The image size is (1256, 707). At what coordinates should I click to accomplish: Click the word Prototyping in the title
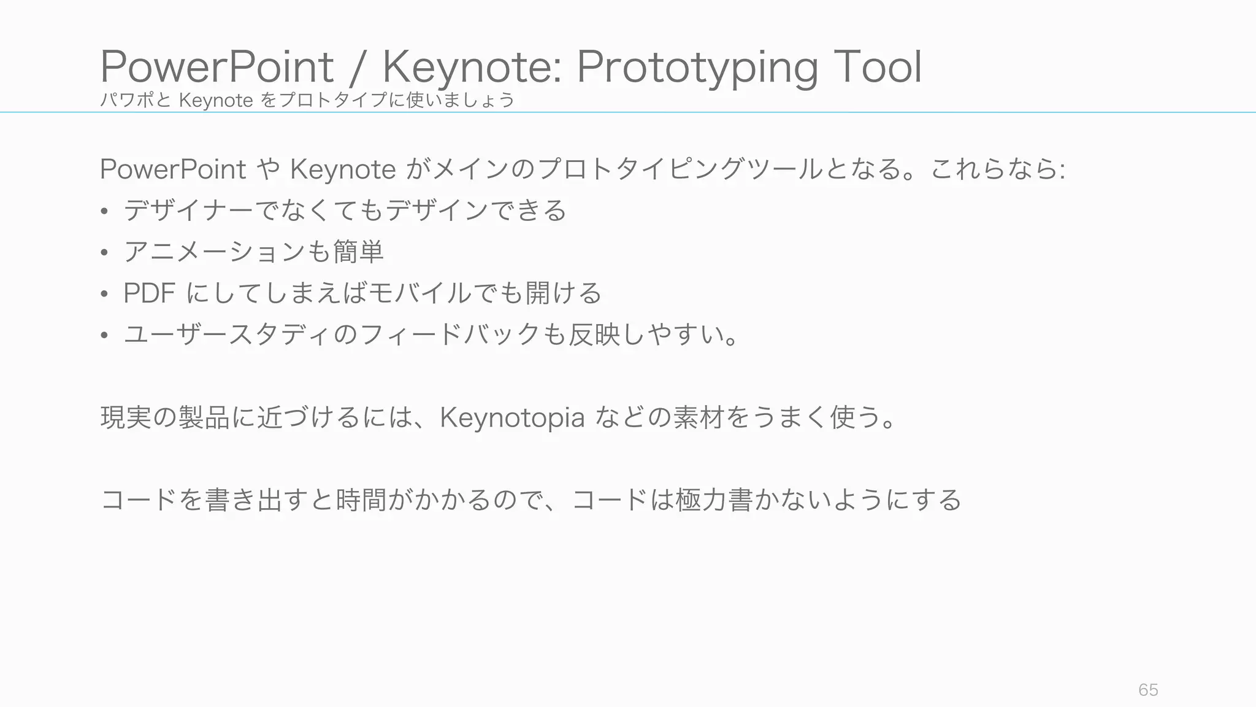(697, 67)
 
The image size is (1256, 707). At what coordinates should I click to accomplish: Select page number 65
(1147, 690)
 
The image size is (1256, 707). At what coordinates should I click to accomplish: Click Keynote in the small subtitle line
(215, 99)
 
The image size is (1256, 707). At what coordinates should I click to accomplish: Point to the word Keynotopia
(511, 418)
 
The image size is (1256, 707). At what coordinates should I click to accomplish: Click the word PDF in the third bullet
(149, 293)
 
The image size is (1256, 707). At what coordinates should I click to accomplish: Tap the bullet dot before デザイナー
(105, 212)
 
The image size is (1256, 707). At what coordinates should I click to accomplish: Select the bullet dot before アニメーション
(105, 253)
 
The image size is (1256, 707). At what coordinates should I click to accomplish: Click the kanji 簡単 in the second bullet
(358, 252)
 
